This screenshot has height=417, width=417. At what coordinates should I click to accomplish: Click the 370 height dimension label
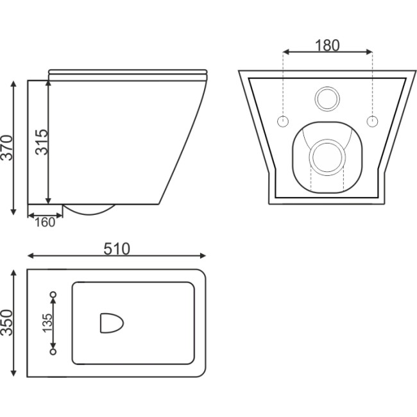coord(7,148)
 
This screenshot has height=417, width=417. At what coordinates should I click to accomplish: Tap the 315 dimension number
coord(42,142)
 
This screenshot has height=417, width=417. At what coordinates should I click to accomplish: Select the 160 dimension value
coord(45,223)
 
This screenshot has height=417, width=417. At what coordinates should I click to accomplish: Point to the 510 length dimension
coord(117,249)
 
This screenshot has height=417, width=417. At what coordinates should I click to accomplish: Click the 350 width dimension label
coord(7,323)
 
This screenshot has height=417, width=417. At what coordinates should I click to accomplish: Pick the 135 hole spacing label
coord(47,323)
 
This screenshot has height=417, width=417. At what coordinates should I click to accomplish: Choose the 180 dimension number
coord(327,46)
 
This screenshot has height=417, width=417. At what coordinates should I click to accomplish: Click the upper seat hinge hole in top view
coord(53,294)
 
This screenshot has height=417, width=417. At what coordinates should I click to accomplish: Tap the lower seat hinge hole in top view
coord(53,352)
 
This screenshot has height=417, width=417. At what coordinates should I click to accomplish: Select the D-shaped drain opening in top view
coord(112,323)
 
